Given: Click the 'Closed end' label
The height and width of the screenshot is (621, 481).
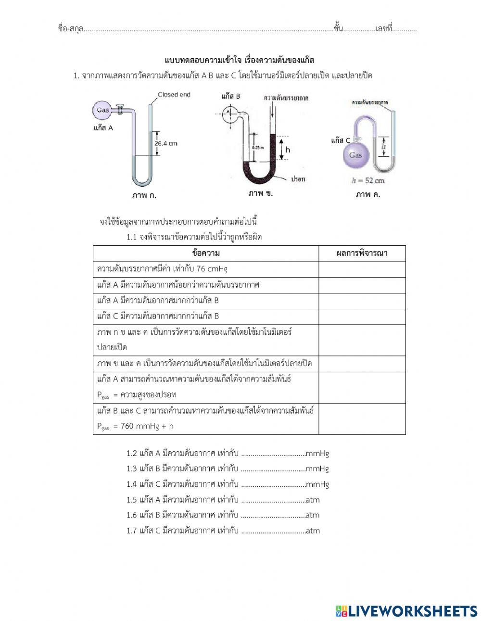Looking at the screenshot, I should tap(174, 95).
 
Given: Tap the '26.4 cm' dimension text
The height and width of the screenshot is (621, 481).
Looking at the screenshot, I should tap(166, 143).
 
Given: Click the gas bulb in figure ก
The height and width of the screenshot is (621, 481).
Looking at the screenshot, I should tap(102, 110).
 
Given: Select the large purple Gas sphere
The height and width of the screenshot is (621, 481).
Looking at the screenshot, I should tap(355, 155).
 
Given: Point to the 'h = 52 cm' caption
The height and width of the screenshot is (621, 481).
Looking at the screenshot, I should tap(368, 181).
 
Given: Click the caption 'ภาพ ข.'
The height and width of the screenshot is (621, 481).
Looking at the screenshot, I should tap(261, 193).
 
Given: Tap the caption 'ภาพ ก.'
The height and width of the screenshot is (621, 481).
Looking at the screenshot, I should tap(144, 195).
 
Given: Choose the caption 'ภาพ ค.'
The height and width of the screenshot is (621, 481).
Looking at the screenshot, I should tap(368, 195).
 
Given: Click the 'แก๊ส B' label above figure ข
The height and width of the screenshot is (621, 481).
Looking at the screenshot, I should tap(231, 96).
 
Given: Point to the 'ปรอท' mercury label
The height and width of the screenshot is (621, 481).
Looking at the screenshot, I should tap(298, 178).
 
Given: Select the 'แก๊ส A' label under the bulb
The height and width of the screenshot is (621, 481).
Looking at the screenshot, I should tap(103, 128).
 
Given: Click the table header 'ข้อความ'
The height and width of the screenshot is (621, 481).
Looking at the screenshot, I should tap(205, 253).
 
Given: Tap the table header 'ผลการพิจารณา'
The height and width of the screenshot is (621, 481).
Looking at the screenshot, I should tap(362, 253).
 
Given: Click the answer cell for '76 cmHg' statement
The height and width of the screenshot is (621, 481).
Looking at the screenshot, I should tap(362, 269).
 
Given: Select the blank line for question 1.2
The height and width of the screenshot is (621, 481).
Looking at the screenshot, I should tap(273, 453).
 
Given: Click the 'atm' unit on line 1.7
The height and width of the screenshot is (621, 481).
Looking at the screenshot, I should tap(313, 531).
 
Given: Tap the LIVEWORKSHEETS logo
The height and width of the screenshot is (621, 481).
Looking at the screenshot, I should tap(406, 611).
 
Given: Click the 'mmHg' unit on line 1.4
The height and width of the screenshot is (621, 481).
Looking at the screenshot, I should tap(317, 484).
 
